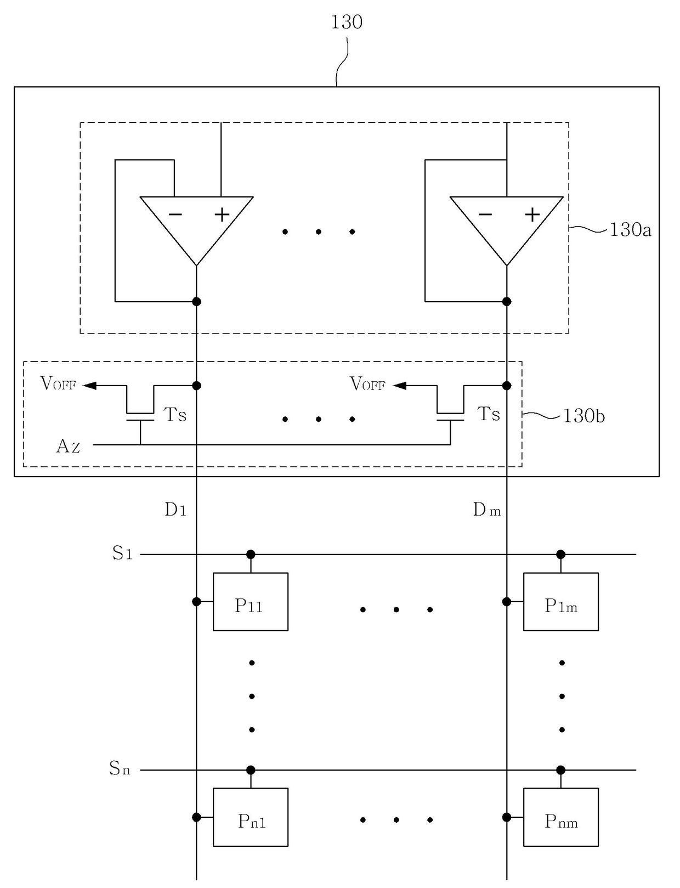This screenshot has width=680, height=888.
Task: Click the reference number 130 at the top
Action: click(347, 22)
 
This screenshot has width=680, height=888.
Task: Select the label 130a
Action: click(630, 230)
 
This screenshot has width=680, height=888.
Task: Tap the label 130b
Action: click(584, 416)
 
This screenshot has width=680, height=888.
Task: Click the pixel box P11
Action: click(251, 602)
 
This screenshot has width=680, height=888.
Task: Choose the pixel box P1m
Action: click(561, 602)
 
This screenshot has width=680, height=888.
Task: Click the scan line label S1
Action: click(122, 553)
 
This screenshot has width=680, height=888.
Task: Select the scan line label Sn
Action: click(120, 768)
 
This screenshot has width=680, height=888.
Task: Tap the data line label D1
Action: click(175, 510)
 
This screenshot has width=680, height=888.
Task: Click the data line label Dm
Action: click(486, 510)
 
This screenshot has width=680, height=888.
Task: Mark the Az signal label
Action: click(68, 446)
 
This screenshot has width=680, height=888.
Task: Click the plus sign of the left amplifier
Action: click(222, 214)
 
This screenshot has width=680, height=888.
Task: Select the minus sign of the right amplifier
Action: click(485, 214)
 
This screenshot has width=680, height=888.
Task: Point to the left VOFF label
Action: click(58, 383)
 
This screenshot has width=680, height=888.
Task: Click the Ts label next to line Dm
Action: click(488, 414)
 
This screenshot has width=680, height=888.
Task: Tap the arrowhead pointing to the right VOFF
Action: click(400, 386)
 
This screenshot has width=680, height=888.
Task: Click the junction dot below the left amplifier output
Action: click(196, 302)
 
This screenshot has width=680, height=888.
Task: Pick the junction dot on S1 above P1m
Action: click(561, 554)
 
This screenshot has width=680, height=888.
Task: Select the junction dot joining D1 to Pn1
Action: click(196, 817)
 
